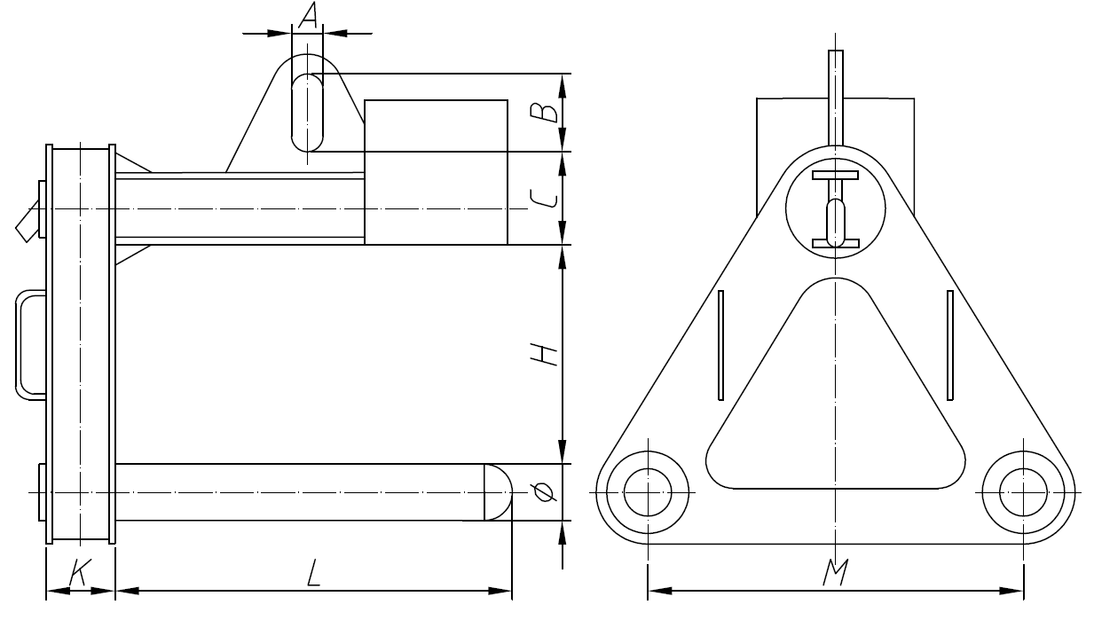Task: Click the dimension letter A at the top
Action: [308, 15]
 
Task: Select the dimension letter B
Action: [549, 112]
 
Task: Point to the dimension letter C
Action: [549, 197]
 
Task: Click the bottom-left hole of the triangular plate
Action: [649, 491]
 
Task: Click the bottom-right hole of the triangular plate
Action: [1025, 491]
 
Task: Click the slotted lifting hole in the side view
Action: [309, 113]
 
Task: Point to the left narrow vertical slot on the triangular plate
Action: [721, 344]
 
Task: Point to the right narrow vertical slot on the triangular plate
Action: [949, 344]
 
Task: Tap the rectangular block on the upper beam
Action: [436, 171]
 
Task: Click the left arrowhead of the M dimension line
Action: [657, 590]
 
